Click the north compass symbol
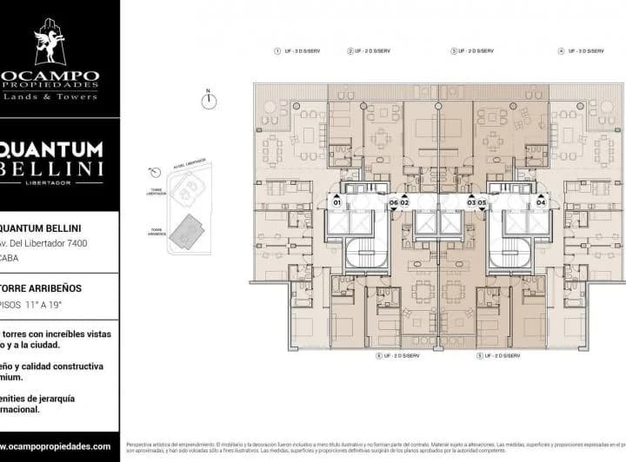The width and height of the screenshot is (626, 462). pos(208,100)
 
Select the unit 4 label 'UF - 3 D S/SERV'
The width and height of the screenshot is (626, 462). pos(585,51)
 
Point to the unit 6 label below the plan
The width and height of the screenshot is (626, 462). pos(403,356)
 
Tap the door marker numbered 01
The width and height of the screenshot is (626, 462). pos(336,202)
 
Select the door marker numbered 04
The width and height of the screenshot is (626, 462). pos(541,202)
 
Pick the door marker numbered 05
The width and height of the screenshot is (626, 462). pos(481,202)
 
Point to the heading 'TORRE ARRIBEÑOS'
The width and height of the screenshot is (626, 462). pos(39,286)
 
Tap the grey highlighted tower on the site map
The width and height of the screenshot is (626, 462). pos(183,232)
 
